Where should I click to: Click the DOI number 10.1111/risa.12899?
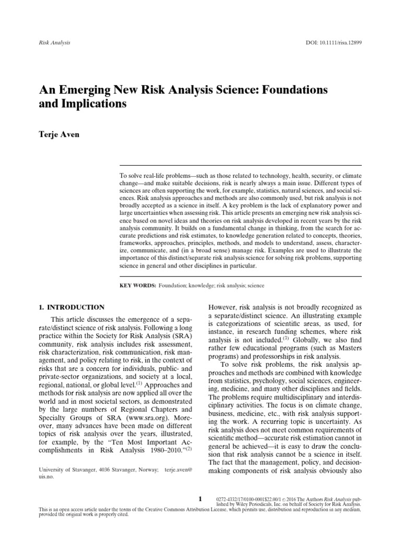pos(342,42)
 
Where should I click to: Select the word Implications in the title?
pos(94,103)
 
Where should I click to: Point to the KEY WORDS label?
pos(137,286)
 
